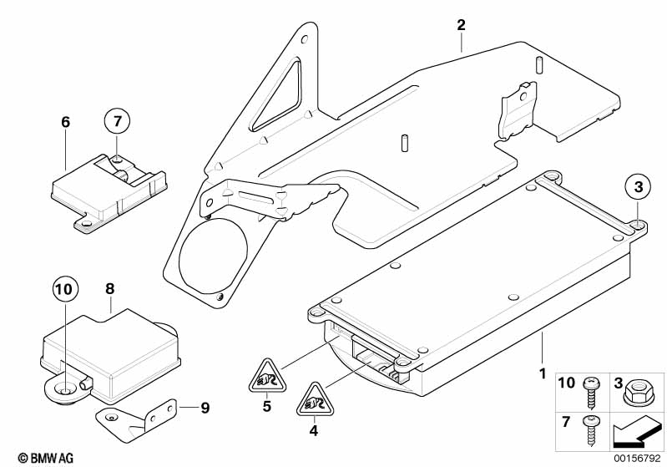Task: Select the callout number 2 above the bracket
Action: (x=460, y=24)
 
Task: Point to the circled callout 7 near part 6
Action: (x=118, y=122)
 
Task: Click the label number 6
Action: (x=66, y=122)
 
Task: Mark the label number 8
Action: (x=109, y=289)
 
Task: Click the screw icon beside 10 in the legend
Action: (x=592, y=387)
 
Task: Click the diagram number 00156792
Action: (x=637, y=457)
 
